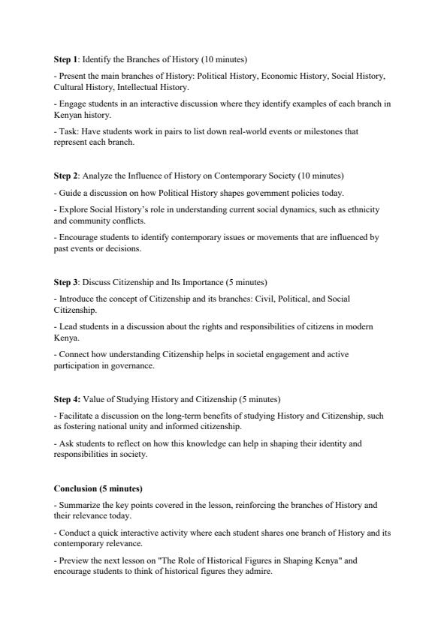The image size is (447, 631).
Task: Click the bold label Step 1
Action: [x=66, y=59]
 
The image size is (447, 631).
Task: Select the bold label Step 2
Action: [x=66, y=176]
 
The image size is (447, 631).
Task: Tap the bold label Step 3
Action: [x=66, y=282]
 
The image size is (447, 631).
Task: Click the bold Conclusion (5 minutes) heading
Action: [x=98, y=488]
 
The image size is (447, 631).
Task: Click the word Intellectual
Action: [x=137, y=86]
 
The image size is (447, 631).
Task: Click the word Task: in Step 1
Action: [x=68, y=131]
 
